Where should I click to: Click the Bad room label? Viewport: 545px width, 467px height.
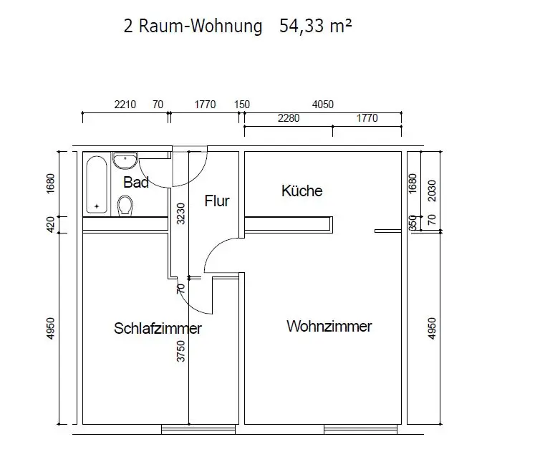pyautogui.click(x=136, y=182)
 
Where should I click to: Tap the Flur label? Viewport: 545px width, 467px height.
pyautogui.click(x=217, y=201)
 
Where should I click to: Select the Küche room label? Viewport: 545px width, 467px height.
pyautogui.click(x=302, y=191)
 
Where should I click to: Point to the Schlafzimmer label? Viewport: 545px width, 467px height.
pyautogui.click(x=158, y=328)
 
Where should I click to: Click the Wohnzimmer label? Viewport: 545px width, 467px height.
pyautogui.click(x=329, y=326)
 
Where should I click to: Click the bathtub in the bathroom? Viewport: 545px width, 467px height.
pyautogui.click(x=97, y=184)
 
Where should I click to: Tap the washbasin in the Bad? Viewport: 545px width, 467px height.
pyautogui.click(x=125, y=160)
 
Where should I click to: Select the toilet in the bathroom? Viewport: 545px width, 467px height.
pyautogui.click(x=125, y=206)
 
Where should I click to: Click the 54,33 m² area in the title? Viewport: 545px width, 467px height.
pyautogui.click(x=316, y=26)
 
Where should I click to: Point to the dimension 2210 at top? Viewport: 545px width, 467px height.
pyautogui.click(x=125, y=105)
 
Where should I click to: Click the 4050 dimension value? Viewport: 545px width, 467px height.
pyautogui.click(x=323, y=105)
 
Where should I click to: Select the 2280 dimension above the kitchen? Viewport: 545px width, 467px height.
pyautogui.click(x=289, y=118)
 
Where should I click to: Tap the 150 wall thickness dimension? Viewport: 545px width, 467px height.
pyautogui.click(x=242, y=105)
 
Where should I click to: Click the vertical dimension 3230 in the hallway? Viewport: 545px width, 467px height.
pyautogui.click(x=181, y=213)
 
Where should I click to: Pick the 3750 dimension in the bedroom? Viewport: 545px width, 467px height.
pyautogui.click(x=181, y=351)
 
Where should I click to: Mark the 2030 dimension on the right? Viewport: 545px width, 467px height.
pyautogui.click(x=432, y=191)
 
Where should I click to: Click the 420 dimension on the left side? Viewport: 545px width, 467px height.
pyautogui.click(x=51, y=225)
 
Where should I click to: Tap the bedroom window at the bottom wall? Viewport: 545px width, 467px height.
pyautogui.click(x=198, y=430)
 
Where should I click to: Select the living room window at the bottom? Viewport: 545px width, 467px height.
pyautogui.click(x=360, y=430)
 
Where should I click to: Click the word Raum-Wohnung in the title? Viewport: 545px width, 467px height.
pyautogui.click(x=201, y=26)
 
